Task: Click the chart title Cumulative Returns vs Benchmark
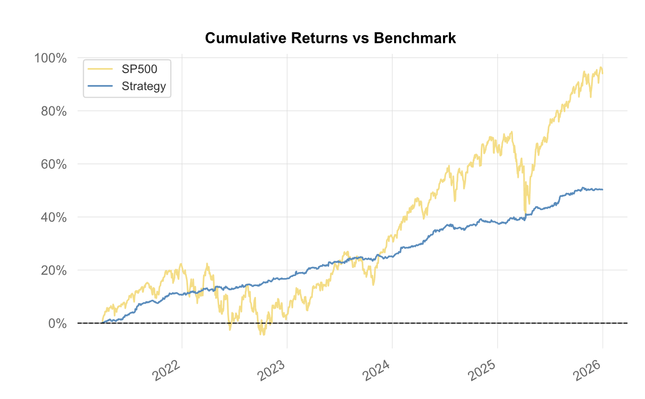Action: coord(331,38)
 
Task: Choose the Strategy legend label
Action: coord(144,86)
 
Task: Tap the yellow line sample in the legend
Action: coord(100,69)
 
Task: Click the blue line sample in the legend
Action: coord(100,86)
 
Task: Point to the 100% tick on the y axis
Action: coord(50,58)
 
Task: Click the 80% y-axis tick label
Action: coord(53,111)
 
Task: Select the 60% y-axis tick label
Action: coord(53,164)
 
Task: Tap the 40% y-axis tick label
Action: coord(53,217)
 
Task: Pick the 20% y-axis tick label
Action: coord(53,271)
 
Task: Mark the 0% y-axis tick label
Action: coord(57,323)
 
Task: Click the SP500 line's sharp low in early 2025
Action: coord(525,213)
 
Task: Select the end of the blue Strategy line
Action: coord(603,189)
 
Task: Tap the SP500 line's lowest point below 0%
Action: coord(262,335)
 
